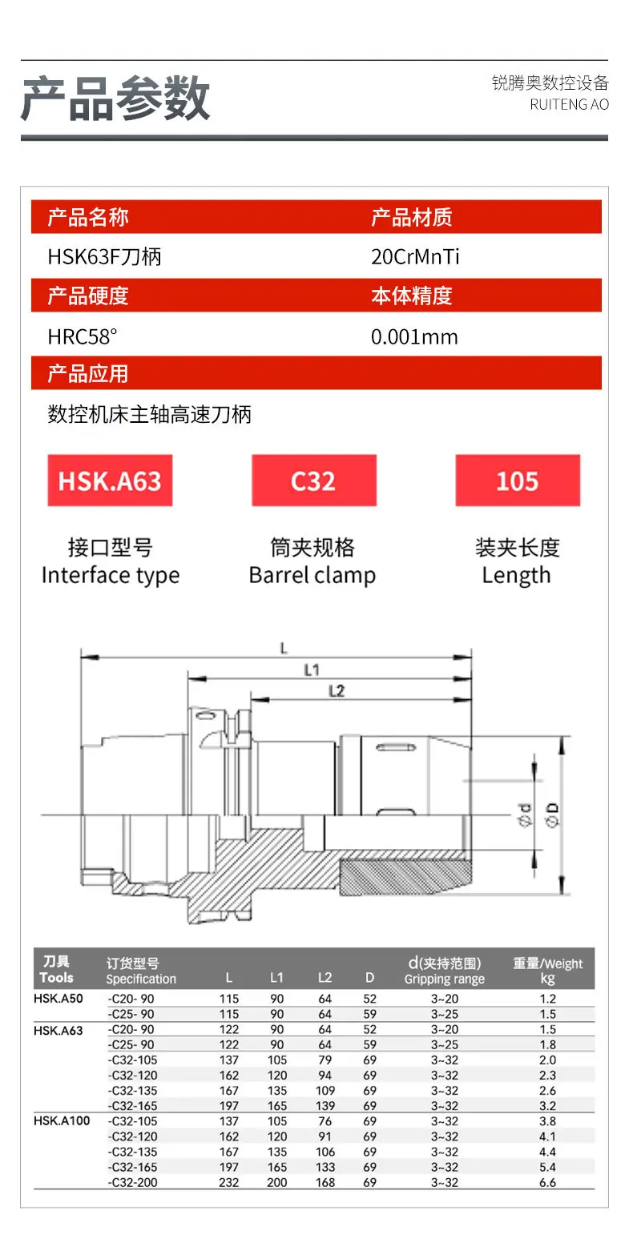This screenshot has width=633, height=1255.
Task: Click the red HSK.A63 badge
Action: pos(110,481)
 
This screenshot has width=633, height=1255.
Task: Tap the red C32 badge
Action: pos(314,481)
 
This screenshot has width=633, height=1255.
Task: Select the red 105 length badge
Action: pos(518,481)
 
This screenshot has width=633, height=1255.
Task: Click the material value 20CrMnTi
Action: pos(415,257)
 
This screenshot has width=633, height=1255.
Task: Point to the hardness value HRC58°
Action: pos(83,336)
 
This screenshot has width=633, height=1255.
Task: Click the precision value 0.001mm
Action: pos(414,336)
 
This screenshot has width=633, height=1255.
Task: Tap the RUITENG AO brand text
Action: pos(569,105)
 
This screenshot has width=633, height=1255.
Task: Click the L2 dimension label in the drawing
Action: pos(337,691)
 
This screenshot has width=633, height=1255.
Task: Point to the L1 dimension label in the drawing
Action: pos(312,670)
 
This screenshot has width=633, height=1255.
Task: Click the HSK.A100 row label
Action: pos(62,1120)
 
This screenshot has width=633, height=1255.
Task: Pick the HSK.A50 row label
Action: pos(58,999)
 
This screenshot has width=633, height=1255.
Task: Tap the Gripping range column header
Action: pos(445,979)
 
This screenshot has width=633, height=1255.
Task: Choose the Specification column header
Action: pos(141,979)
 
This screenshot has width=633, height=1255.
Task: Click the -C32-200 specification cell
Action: pos(133,1182)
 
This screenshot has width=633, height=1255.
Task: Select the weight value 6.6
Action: pos(548,1182)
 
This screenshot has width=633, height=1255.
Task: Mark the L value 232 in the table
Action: pos(228,1182)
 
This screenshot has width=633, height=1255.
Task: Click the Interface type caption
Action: pos(111,575)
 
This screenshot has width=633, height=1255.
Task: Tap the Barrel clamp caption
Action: pos(312,575)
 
